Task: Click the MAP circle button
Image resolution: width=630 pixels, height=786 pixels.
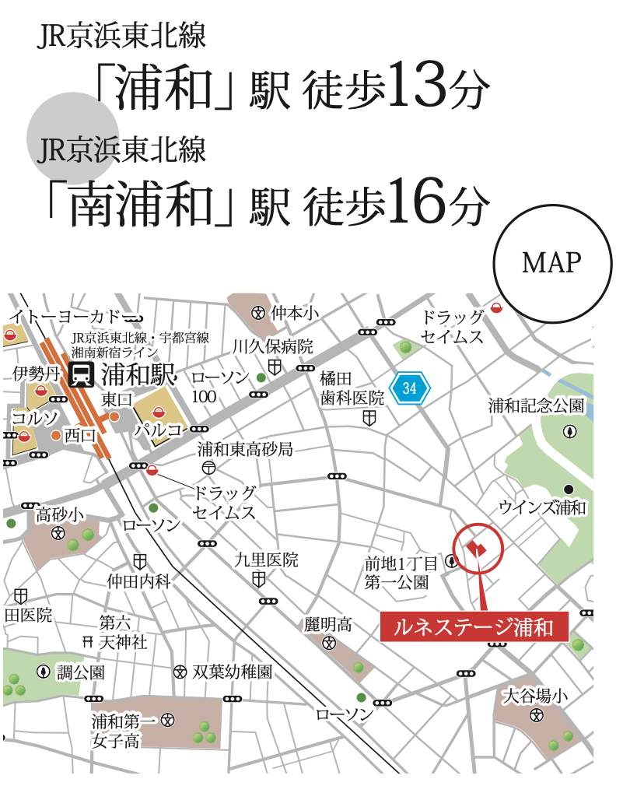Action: pyautogui.click(x=551, y=264)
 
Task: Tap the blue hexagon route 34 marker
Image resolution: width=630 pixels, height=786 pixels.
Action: pyautogui.click(x=409, y=387)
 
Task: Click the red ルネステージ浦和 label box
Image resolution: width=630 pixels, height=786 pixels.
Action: pyautogui.click(x=474, y=626)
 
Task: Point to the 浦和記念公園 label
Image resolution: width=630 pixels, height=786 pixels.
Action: pyautogui.click(x=536, y=405)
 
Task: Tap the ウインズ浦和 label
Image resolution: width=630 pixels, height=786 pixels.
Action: pyautogui.click(x=543, y=507)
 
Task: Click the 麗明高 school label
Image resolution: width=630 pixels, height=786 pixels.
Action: pyautogui.click(x=329, y=624)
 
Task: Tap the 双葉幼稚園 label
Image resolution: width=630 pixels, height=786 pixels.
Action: pyautogui.click(x=232, y=671)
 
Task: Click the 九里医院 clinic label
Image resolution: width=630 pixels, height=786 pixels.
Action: pyautogui.click(x=266, y=560)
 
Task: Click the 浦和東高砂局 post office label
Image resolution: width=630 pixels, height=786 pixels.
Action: pyautogui.click(x=244, y=449)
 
